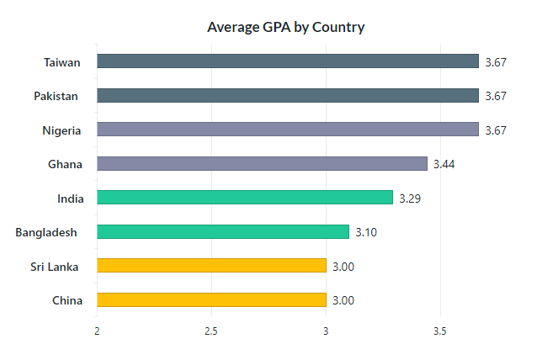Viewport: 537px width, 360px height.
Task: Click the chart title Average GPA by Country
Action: pos(285,27)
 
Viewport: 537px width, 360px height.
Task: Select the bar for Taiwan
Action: pos(287,61)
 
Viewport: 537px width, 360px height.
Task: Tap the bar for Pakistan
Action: pos(287,96)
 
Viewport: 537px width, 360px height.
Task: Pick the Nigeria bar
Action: pos(287,130)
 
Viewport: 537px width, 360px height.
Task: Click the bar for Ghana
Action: pos(262,163)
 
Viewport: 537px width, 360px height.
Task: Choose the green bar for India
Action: pos(245,198)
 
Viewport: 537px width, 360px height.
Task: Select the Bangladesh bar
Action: pos(223,231)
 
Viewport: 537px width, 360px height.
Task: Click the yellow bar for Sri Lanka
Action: pos(211,266)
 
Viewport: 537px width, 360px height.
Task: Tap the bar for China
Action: pos(211,299)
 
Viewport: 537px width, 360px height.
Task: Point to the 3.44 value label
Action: pos(444,164)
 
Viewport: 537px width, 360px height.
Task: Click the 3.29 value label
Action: pos(410,198)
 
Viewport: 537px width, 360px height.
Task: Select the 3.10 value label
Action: pos(366,232)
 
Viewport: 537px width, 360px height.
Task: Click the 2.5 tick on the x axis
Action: pos(211,331)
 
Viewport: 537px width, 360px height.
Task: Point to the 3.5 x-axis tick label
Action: pos(439,331)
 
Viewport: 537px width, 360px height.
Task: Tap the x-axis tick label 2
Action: pos(98,331)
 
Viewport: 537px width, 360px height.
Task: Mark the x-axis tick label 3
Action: pos(326,331)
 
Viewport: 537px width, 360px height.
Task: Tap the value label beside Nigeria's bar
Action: pos(496,130)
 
